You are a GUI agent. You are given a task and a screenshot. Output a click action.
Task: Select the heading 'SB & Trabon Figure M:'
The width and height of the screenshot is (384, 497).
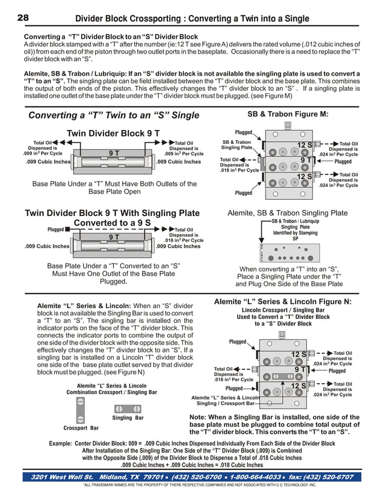point(288,114)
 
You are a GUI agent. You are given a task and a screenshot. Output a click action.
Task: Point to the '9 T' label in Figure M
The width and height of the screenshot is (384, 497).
point(305,161)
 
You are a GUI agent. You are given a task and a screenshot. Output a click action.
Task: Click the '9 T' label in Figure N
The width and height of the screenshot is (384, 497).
point(300,369)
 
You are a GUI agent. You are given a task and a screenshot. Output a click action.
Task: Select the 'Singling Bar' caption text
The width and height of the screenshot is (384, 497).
point(128,418)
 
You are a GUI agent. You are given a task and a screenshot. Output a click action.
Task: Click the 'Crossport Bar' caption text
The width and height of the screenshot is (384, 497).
point(81,428)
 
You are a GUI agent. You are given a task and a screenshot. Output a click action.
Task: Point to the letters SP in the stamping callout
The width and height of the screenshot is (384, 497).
point(295,239)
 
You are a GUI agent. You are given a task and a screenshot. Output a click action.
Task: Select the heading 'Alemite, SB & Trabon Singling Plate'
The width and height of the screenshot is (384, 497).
point(287,212)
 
